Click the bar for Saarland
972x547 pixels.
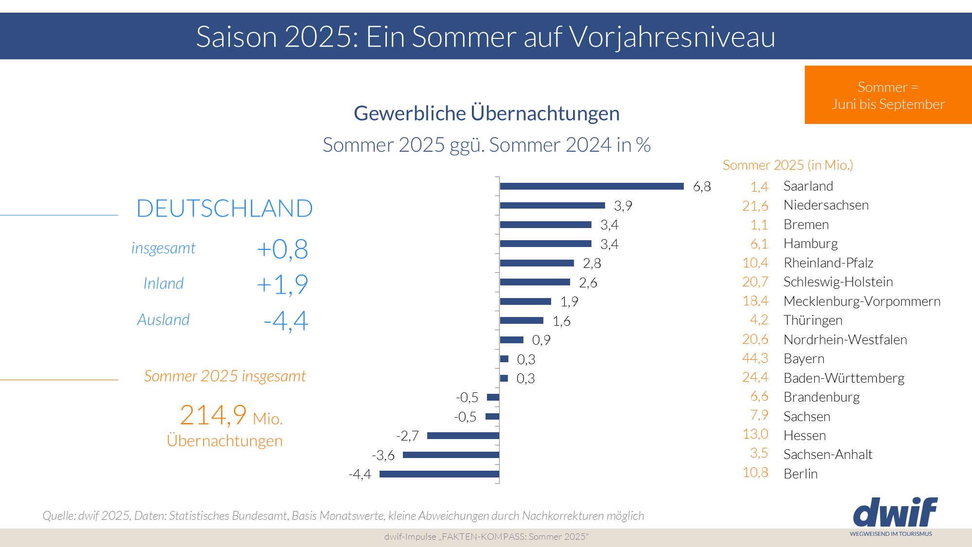click(591, 186)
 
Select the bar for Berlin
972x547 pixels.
click(439, 474)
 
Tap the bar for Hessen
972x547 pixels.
click(463, 436)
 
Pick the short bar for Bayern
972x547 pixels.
click(504, 359)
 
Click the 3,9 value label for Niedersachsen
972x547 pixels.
click(623, 206)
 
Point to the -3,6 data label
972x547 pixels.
click(383, 455)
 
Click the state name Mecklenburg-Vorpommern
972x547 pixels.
click(862, 301)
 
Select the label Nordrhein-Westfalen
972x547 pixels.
click(845, 339)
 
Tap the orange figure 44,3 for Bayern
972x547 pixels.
click(755, 358)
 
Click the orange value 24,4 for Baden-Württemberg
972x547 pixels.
click(755, 377)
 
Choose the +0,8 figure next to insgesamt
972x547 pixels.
click(282, 249)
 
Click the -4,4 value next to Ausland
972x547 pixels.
click(286, 321)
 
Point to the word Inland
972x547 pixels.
click(163, 283)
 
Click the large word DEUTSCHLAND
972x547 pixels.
click(225, 208)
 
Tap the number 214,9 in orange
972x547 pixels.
click(213, 415)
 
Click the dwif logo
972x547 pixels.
click(894, 513)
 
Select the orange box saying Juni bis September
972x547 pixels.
click(888, 95)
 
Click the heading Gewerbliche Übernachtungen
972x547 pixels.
click(486, 113)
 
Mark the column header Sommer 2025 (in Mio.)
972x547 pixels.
click(788, 165)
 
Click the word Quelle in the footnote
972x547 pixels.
click(58, 515)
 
